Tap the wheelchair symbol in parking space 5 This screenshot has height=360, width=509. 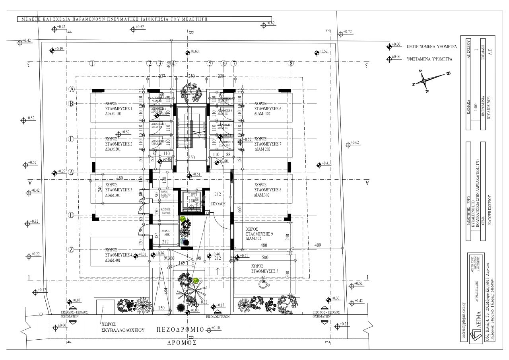[263, 284]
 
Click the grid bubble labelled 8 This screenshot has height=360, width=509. [291, 63]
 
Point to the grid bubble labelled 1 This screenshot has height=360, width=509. [92, 63]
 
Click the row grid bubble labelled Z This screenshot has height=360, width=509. [72, 250]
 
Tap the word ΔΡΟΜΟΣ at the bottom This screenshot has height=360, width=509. [182, 342]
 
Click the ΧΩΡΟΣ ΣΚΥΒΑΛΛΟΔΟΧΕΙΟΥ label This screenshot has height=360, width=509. [122, 327]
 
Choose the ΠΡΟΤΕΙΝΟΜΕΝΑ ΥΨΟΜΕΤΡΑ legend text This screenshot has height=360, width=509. [431, 47]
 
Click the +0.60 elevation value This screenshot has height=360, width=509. [194, 52]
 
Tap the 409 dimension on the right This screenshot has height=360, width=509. [318, 245]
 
